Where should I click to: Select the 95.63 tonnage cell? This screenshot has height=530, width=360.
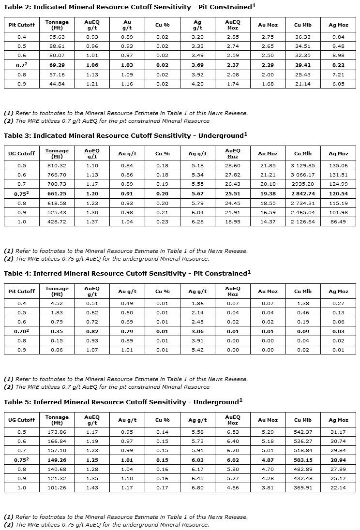[57, 37]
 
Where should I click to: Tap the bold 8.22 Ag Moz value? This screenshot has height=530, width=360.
[338, 65]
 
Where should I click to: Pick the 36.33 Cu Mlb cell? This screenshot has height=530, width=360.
[303, 37]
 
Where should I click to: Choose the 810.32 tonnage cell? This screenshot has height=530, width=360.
[57, 165]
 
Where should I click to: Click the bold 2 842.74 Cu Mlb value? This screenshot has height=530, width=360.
[303, 193]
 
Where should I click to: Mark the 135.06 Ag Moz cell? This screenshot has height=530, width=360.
[338, 165]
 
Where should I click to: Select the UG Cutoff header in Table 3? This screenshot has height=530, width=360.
[22, 153]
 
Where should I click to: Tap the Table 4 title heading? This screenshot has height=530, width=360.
[127, 273]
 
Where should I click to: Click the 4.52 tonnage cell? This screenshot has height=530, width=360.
[57, 303]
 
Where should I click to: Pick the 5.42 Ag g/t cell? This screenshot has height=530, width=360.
[197, 350]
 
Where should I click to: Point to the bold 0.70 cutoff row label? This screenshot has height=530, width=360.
[22, 331]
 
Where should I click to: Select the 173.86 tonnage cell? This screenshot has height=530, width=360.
[57, 432]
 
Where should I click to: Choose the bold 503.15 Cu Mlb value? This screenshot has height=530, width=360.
[303, 460]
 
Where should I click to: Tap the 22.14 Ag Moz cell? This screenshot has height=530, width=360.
[338, 487]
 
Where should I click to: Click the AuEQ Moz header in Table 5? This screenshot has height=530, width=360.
[233, 420]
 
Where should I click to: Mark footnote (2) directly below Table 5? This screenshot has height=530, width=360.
[106, 525]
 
